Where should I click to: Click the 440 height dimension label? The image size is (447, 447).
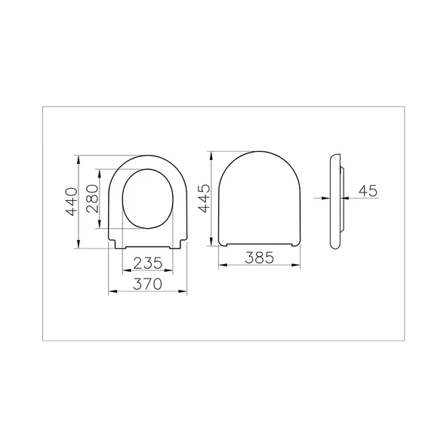click(x=70, y=202)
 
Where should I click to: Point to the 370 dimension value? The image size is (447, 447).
click(x=148, y=285)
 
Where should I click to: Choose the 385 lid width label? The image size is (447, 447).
click(x=258, y=258)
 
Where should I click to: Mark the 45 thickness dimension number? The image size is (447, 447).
click(x=368, y=190)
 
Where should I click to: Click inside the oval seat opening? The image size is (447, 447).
click(x=148, y=198)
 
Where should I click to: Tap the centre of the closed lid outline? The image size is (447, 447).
click(x=258, y=198)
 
